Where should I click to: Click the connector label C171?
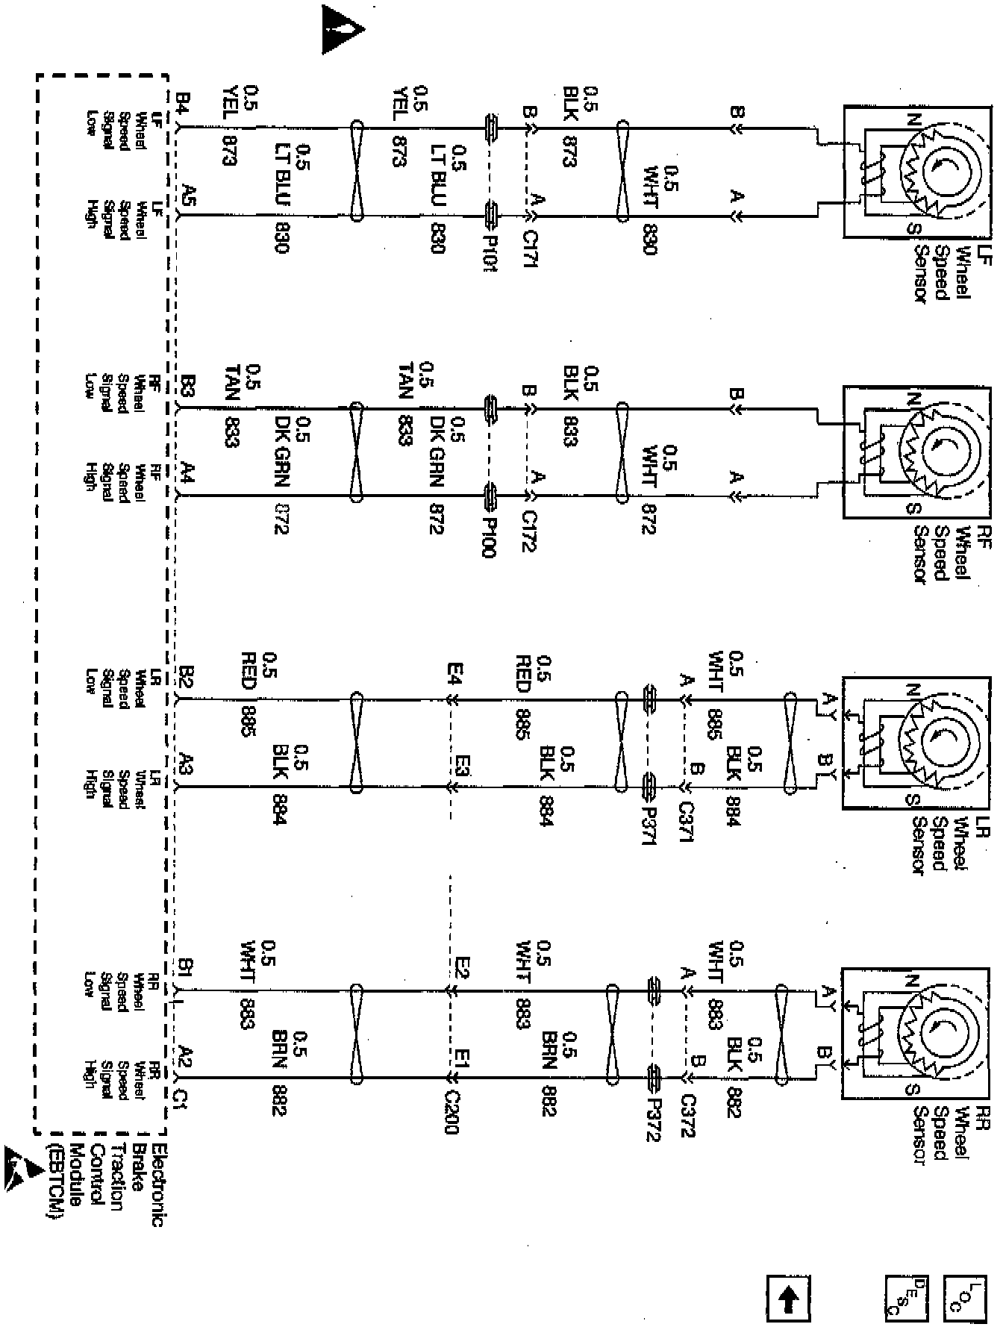531,249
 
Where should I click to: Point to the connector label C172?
531,530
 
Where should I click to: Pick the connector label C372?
688,1115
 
